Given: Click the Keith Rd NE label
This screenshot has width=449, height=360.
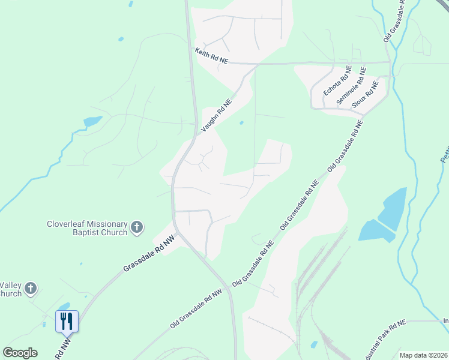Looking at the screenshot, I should click(x=212, y=57).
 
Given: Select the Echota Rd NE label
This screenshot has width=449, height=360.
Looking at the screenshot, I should click(x=337, y=82).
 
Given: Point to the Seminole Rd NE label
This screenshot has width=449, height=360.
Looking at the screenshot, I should click(x=352, y=86).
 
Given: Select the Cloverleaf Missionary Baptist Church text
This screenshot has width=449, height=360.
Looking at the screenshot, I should click(x=87, y=228).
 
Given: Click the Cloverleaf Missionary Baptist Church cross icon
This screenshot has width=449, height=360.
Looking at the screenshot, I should click(x=137, y=227).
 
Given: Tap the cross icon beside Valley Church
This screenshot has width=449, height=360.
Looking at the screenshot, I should click(x=31, y=289).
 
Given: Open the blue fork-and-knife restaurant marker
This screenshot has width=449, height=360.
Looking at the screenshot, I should click(x=66, y=321).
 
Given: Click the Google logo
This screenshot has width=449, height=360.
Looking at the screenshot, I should click(x=20, y=353).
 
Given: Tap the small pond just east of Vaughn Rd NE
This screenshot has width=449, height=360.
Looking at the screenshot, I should click(x=241, y=123).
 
